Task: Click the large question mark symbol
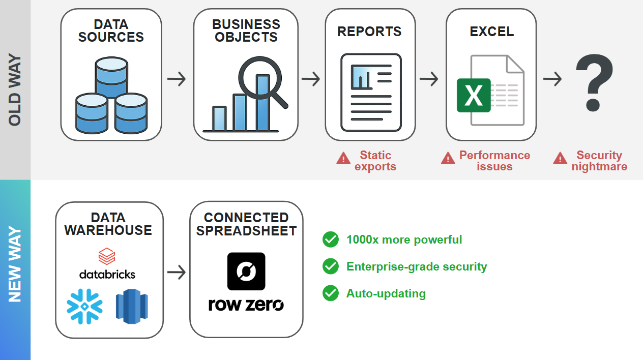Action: pos(594,82)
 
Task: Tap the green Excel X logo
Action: pos(474,95)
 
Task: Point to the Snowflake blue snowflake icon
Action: pos(84,306)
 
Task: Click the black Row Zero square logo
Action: pos(246,271)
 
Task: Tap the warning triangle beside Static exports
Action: pos(343,159)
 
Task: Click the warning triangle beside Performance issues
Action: pos(448,159)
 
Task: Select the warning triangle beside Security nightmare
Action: pos(560,159)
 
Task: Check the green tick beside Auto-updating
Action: pos(331,293)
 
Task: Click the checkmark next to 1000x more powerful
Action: pos(331,239)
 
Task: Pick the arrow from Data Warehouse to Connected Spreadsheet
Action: pos(177,273)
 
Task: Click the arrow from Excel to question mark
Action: pos(552,79)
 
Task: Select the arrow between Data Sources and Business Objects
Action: pos(177,79)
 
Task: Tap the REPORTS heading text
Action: pos(369,32)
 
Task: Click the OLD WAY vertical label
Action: pos(15,89)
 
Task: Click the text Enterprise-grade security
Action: pos(417,266)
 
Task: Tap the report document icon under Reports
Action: pos(371,92)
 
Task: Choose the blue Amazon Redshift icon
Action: pos(132,306)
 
